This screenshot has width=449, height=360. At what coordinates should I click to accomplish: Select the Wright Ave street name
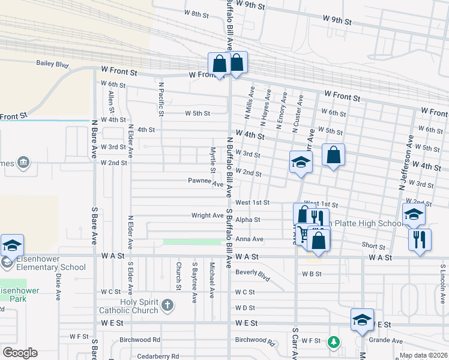(207, 215)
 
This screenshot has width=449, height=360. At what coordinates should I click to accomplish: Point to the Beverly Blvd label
(253, 274)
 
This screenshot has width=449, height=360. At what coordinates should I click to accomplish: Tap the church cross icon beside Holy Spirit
(167, 306)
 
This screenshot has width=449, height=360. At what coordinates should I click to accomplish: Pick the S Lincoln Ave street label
(443, 282)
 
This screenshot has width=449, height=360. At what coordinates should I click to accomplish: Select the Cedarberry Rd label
(157, 356)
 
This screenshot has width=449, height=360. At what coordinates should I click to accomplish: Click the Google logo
(20, 353)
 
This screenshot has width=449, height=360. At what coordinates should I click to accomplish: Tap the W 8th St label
(196, 13)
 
